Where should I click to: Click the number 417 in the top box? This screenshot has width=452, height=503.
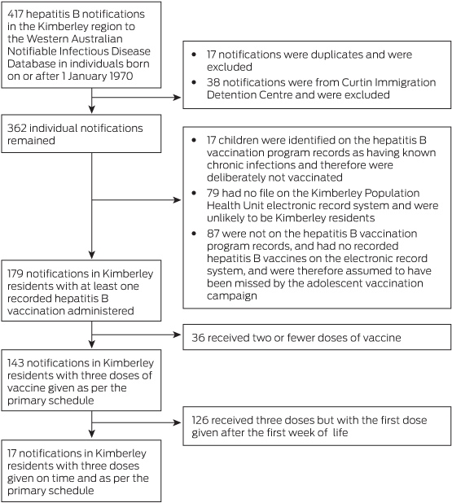pyautogui.click(x=15, y=14)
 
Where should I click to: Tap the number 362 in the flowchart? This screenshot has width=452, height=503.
pyautogui.click(x=16, y=128)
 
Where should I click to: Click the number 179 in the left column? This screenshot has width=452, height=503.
pyautogui.click(x=15, y=273)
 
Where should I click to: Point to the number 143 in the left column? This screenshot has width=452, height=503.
pyautogui.click(x=15, y=363)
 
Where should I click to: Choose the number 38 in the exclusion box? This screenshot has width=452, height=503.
pyautogui.click(x=213, y=82)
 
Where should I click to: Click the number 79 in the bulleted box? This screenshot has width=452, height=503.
pyautogui.click(x=213, y=193)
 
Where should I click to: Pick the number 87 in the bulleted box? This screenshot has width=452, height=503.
pyautogui.click(x=213, y=234)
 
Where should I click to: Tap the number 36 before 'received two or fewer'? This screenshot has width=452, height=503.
pyautogui.click(x=198, y=338)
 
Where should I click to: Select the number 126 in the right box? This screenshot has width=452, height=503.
pyautogui.click(x=200, y=420)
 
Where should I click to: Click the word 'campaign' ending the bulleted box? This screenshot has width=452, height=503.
pyautogui.click(x=232, y=295)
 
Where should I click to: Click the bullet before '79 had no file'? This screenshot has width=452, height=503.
pyautogui.click(x=194, y=193)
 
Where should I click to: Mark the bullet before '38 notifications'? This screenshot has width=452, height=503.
pyautogui.click(x=194, y=82)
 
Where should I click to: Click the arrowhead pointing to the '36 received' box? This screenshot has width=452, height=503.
pyautogui.click(x=178, y=335)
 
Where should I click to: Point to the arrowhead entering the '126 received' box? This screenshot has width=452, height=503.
pyautogui.click(x=178, y=422)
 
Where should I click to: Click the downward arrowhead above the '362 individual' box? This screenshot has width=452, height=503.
pyautogui.click(x=92, y=109)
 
